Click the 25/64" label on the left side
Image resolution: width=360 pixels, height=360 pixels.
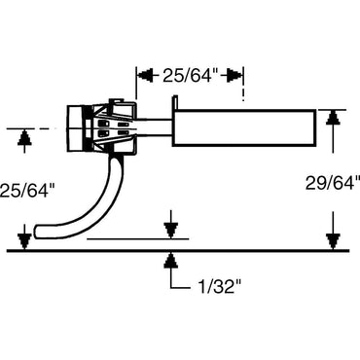pos(26,191)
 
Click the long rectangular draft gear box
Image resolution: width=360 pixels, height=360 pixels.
pos(245,127)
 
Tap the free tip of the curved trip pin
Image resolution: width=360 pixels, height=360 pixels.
pos(40,233)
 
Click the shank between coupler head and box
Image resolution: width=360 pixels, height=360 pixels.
pos(156,127)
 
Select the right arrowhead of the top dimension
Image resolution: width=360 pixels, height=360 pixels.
pos(238,74)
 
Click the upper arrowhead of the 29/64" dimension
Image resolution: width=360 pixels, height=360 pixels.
pos(334,117)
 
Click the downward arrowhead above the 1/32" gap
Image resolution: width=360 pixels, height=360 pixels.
pos(171,231)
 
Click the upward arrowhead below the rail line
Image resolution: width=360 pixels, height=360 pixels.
pos(171,260)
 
